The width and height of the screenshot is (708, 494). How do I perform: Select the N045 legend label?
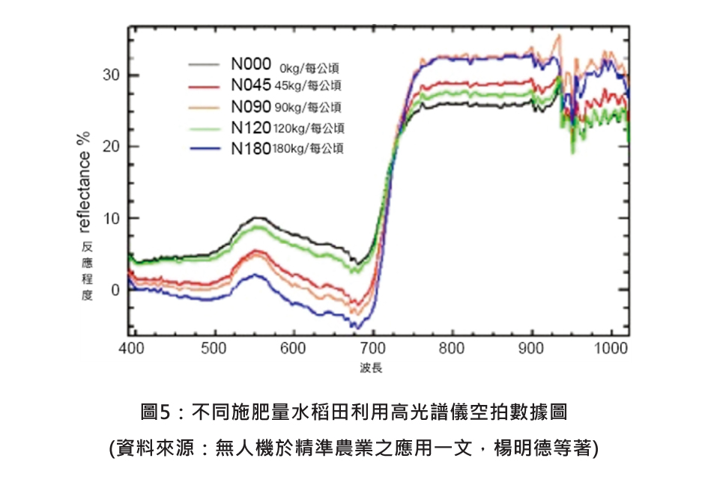click(250, 85)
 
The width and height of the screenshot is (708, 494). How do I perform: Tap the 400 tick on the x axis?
click(131, 348)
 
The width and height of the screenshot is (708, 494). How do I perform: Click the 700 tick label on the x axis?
click(373, 348)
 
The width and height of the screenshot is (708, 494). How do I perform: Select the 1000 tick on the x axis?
click(611, 348)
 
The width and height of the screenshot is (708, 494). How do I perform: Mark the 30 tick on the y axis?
click(111, 75)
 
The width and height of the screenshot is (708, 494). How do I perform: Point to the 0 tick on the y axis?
click(115, 290)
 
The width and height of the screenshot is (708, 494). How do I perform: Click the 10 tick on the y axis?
click(111, 218)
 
